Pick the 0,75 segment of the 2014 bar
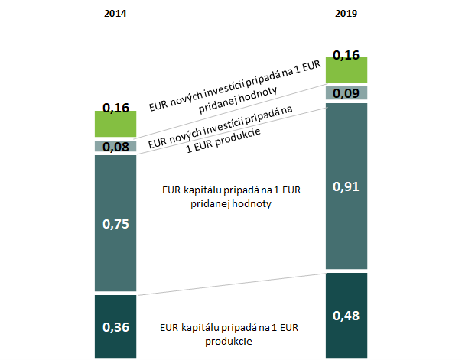[x=115, y=245]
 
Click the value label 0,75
[x=115, y=224]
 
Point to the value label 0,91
[x=346, y=186]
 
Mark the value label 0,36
[x=115, y=328]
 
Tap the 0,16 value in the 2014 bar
[x=115, y=108]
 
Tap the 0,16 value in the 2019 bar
[x=346, y=55]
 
